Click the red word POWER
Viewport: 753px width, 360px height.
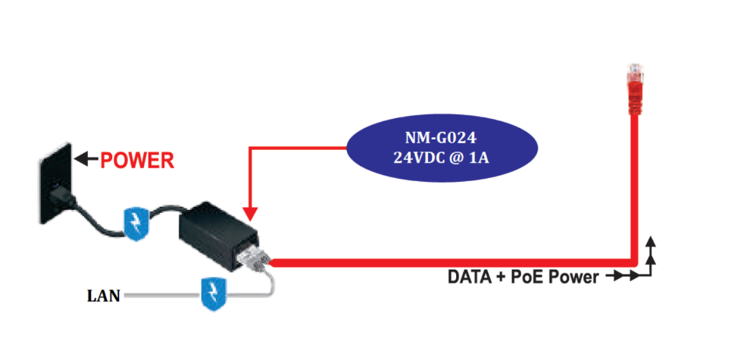pyautogui.click(x=137, y=160)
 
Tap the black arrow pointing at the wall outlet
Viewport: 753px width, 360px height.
pyautogui.click(x=86, y=159)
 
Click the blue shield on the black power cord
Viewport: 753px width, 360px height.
pyautogui.click(x=137, y=224)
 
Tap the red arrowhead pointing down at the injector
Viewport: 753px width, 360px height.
pyautogui.click(x=252, y=214)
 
